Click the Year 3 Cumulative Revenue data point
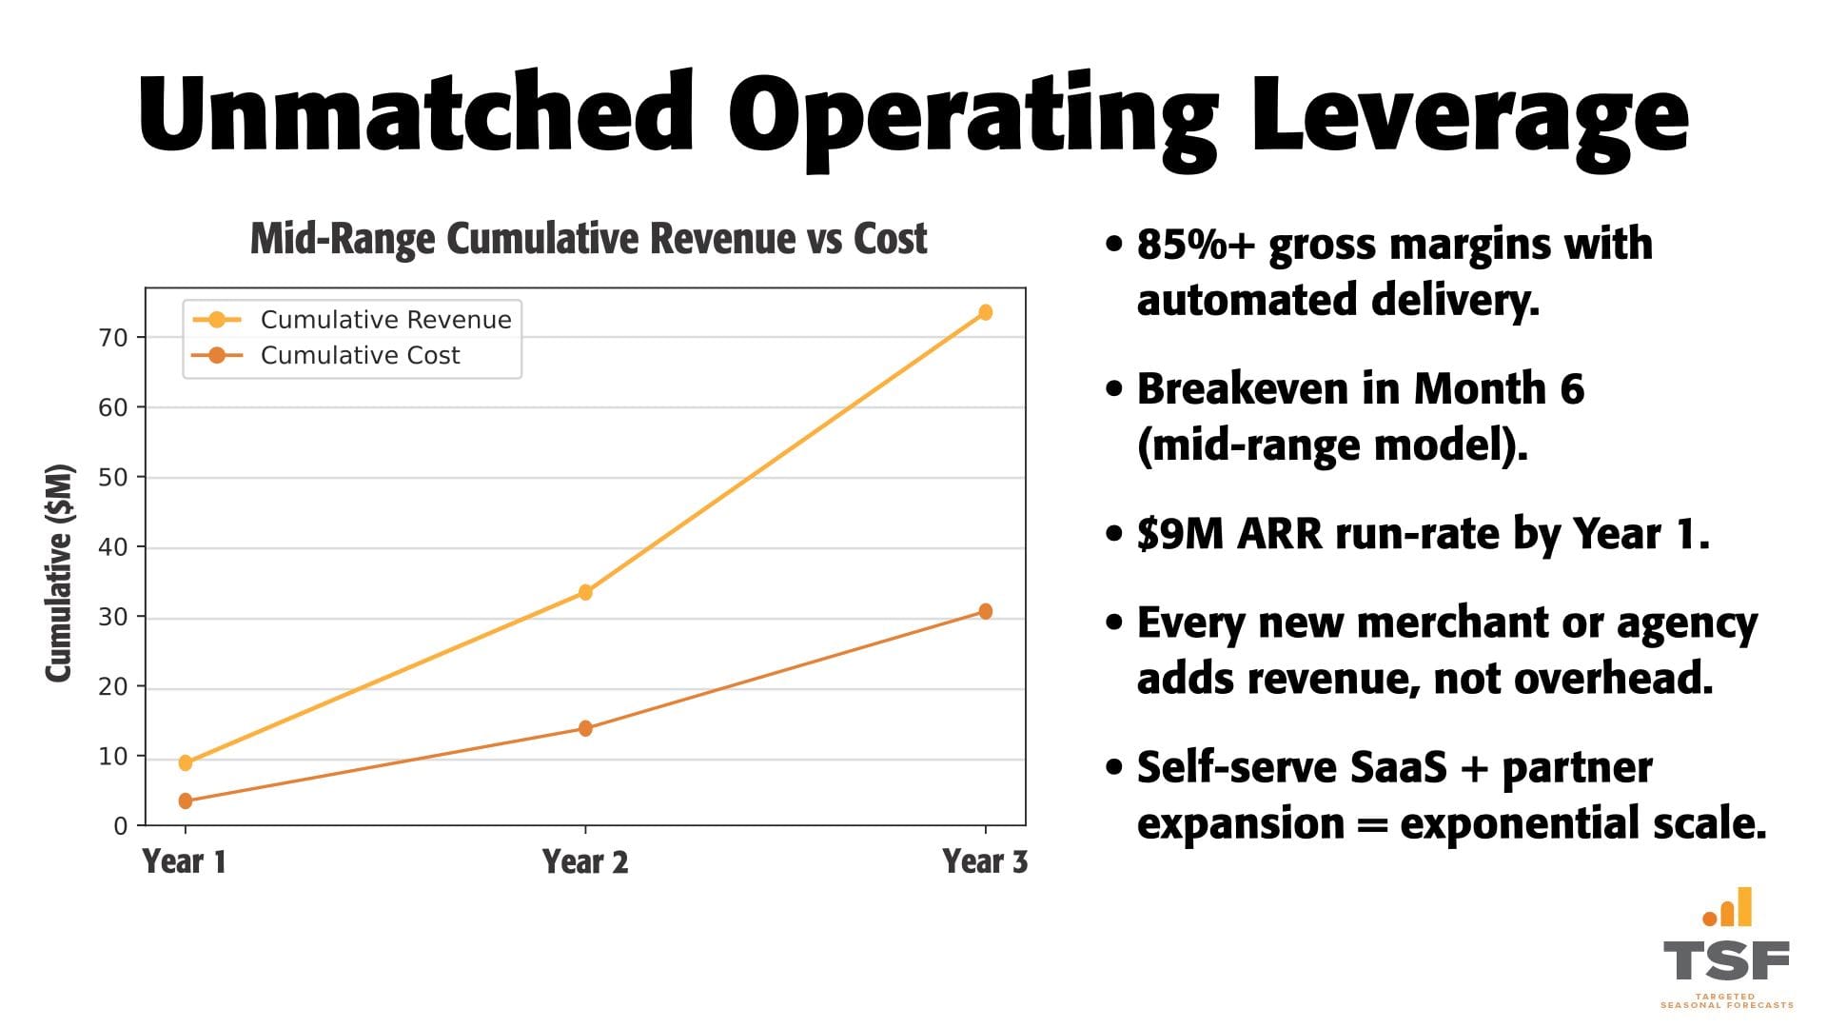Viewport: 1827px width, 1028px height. coord(985,312)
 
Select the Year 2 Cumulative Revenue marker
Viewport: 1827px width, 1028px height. coord(585,592)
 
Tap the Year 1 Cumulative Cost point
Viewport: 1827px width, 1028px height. coord(186,801)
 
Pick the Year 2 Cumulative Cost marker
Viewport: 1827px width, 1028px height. coord(585,728)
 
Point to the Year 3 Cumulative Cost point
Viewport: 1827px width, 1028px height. coord(985,611)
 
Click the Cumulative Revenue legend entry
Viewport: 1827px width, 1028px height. coord(385,320)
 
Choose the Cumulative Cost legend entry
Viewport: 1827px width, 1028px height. coord(360,355)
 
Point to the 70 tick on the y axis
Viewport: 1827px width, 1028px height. coord(113,338)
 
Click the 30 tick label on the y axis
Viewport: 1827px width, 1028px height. coord(113,617)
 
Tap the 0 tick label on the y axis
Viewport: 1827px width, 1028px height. coord(121,826)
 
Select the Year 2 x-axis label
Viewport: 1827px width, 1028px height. coord(585,861)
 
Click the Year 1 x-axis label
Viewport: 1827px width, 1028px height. coord(185,861)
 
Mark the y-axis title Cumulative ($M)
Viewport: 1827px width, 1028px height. coord(59,573)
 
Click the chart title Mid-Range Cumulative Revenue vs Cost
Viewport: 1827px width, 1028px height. coord(588,238)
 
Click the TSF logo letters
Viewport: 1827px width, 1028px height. coord(1725,961)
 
